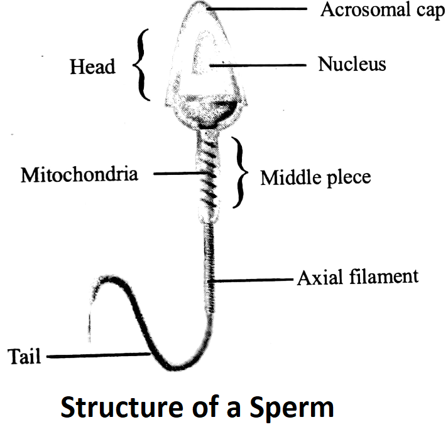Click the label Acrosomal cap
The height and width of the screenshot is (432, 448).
pyautogui.click(x=383, y=10)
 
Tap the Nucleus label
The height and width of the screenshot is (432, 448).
pyautogui.click(x=352, y=64)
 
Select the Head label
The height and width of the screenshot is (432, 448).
pyautogui.click(x=92, y=66)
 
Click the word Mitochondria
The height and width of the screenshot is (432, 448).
pyautogui.click(x=79, y=174)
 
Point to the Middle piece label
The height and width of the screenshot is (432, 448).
pyautogui.click(x=315, y=178)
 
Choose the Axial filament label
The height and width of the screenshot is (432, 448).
pyautogui.click(x=358, y=277)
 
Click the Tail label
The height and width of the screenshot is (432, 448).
pyautogui.click(x=25, y=356)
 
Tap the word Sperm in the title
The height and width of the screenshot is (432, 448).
pyautogui.click(x=292, y=408)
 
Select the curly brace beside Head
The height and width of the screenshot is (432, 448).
pyautogui.click(x=142, y=65)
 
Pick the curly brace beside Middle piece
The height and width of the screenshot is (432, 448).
pyautogui.click(x=240, y=172)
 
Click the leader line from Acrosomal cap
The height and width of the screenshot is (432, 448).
pyautogui.click(x=257, y=9)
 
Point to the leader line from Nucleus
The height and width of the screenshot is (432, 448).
pyautogui.click(x=258, y=66)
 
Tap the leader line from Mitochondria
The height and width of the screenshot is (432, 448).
pyautogui.click(x=178, y=174)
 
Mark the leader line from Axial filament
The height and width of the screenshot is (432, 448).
pyautogui.click(x=250, y=281)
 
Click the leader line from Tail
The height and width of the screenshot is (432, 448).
pyautogui.click(x=99, y=356)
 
